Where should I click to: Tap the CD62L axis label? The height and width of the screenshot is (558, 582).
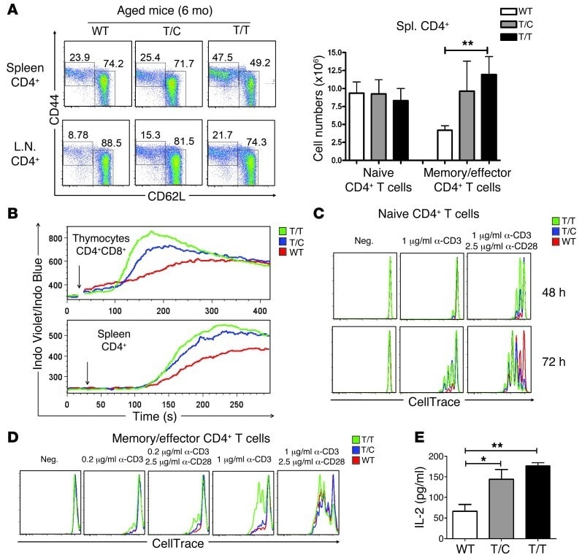click(164, 194)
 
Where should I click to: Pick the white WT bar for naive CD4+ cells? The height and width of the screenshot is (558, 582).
click(356, 126)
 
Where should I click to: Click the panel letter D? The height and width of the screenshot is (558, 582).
click(9, 437)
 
